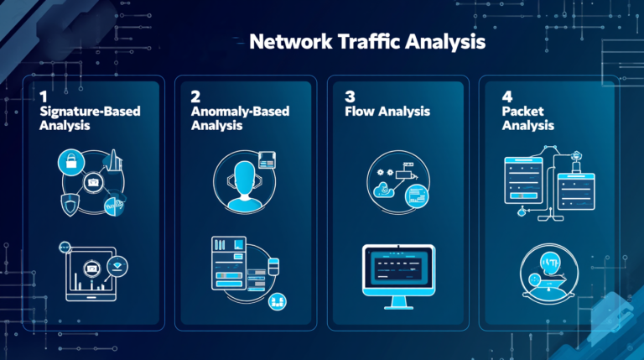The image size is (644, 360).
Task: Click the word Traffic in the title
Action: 367,41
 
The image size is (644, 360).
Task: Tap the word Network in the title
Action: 291,41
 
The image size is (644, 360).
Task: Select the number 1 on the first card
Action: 44,97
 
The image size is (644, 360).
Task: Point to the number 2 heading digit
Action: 195,97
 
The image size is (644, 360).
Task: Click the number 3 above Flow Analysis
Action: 350,97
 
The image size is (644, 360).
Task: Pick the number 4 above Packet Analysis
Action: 507,97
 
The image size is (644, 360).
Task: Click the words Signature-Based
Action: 90,112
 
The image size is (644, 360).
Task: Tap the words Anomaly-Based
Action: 241,112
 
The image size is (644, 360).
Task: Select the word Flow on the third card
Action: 360,111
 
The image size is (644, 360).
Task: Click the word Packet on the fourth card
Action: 522,111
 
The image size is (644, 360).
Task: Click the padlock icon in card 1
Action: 71,161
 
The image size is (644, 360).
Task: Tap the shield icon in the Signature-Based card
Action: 70,205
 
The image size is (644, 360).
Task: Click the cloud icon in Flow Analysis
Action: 383,190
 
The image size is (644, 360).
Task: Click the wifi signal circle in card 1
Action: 117,266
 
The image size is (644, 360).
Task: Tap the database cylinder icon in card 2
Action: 273,266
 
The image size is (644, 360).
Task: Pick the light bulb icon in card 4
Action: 549,263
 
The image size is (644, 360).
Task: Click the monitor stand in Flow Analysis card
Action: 399,303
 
